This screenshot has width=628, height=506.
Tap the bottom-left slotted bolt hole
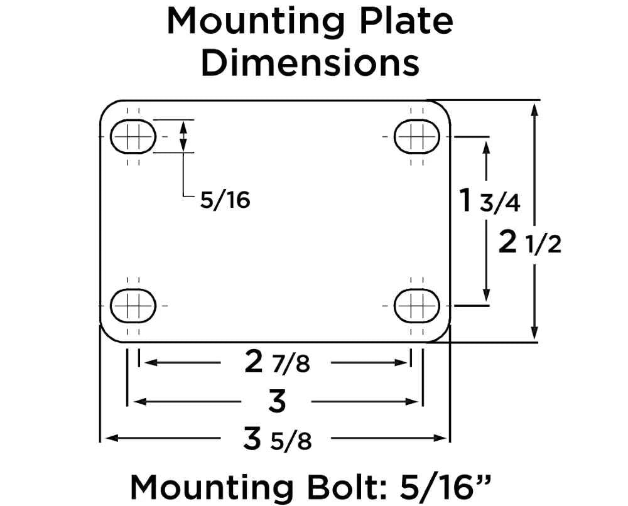[x=133, y=306]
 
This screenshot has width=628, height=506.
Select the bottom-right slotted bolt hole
[x=416, y=306]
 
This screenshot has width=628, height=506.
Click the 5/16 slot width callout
[x=225, y=200]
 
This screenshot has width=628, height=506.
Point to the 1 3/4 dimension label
[x=488, y=202]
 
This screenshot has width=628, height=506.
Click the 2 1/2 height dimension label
[x=529, y=243]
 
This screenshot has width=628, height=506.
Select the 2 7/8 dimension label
[x=276, y=362]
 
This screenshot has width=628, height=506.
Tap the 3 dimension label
[x=277, y=401]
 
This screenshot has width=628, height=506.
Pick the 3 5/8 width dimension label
[x=277, y=439]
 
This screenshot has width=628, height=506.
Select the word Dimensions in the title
[x=310, y=63]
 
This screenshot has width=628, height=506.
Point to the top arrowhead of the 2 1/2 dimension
[x=534, y=108]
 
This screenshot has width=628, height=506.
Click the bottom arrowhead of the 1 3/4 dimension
[x=486, y=295]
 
